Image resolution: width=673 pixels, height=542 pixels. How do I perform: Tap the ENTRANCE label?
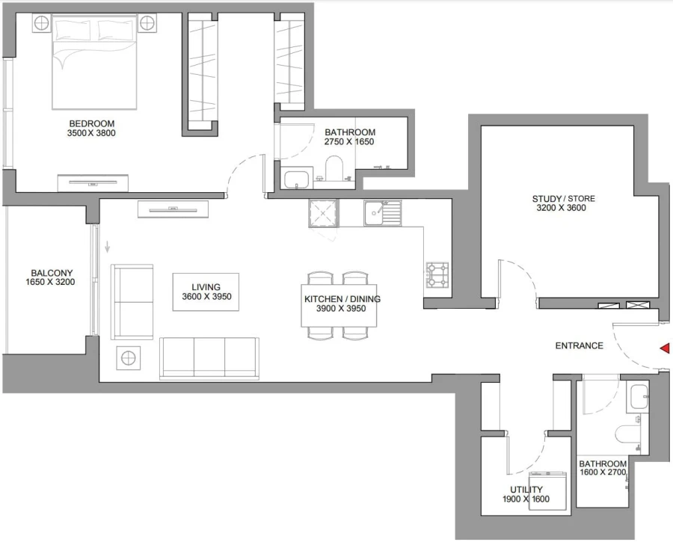(579, 345)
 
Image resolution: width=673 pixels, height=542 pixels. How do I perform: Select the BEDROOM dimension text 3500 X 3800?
(92, 134)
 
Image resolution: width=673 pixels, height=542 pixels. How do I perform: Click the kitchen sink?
(374, 214)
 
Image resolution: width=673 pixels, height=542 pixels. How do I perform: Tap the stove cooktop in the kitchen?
(437, 274)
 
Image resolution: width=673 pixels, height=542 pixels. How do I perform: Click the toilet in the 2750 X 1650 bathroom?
(334, 168)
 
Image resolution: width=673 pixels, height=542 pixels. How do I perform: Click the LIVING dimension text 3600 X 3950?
(206, 297)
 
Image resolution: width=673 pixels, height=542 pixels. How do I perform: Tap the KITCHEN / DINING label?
(342, 299)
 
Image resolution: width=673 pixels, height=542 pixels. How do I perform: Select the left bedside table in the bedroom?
(40, 24)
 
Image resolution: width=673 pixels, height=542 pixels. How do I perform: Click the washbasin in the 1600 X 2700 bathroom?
(637, 396)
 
